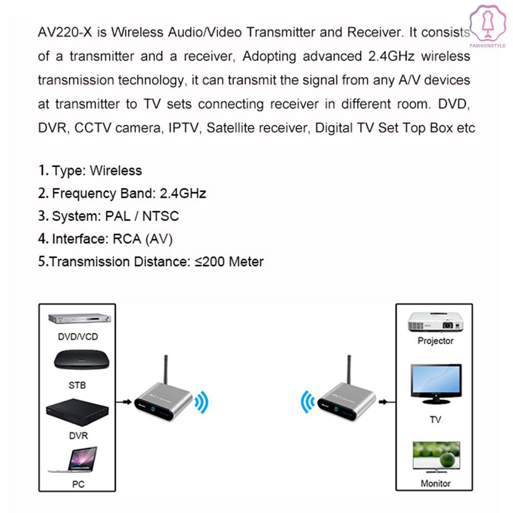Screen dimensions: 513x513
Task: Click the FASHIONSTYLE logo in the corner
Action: click(488, 27)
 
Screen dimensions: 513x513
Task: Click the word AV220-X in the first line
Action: click(65, 32)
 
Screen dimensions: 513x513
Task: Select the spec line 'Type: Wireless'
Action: click(90, 170)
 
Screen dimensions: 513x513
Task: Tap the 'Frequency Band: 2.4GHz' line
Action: click(122, 193)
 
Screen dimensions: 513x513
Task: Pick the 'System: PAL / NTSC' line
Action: click(109, 216)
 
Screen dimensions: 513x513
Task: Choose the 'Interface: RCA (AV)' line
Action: click(105, 239)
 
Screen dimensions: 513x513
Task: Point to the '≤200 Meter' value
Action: click(229, 262)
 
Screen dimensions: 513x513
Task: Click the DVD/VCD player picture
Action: click(80, 319)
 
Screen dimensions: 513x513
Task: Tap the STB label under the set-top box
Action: click(77, 385)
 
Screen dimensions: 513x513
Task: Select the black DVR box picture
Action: click(77, 412)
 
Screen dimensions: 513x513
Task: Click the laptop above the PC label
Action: click(73, 460)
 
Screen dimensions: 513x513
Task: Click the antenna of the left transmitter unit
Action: click(166, 370)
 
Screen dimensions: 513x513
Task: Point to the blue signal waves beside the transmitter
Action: click(202, 402)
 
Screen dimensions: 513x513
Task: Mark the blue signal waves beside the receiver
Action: click(307, 402)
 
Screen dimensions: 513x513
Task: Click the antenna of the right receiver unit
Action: click(349, 370)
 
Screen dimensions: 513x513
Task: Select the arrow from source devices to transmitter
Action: click(124, 402)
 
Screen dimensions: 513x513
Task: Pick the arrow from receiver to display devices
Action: click(387, 402)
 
